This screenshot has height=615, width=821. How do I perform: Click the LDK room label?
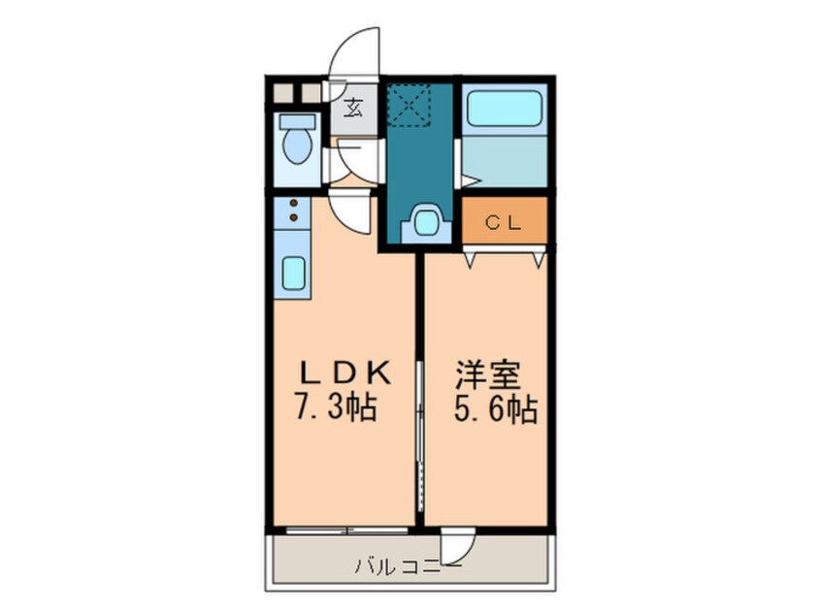(345, 373)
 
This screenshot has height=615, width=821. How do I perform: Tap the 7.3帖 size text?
(337, 407)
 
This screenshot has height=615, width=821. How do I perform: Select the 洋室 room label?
(487, 375)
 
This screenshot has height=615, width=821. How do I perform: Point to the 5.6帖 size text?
(495, 408)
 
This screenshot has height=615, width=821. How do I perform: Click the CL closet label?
(503, 223)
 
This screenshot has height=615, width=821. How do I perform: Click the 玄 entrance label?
(353, 109)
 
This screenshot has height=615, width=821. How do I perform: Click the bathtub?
(504, 109)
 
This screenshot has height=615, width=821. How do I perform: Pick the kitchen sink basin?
(293, 273)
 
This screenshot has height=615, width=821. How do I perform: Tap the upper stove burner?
(294, 203)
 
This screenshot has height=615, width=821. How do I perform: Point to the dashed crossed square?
(408, 106)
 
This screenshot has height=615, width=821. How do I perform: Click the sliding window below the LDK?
(347, 531)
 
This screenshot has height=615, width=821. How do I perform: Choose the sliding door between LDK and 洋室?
(420, 436)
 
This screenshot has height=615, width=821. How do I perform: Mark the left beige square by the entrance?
(283, 93)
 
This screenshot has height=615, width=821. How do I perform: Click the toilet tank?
(297, 122)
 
